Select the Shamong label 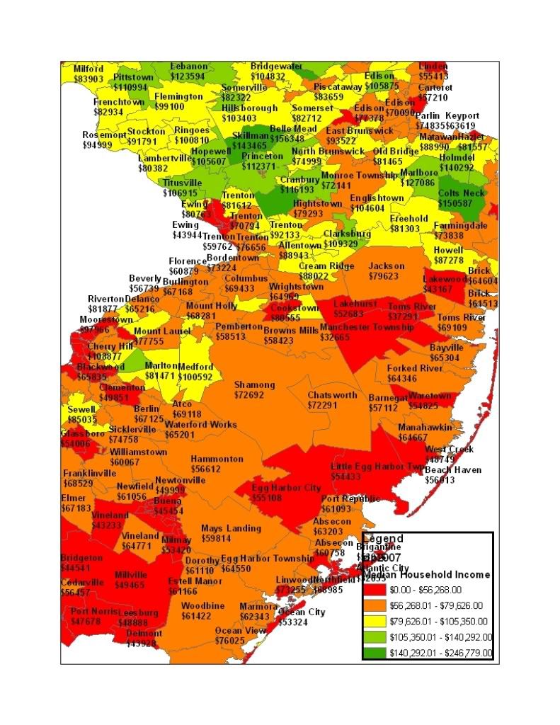point(254,384)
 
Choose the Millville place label point(130,574)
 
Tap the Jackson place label point(386,266)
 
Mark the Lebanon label point(189,66)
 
